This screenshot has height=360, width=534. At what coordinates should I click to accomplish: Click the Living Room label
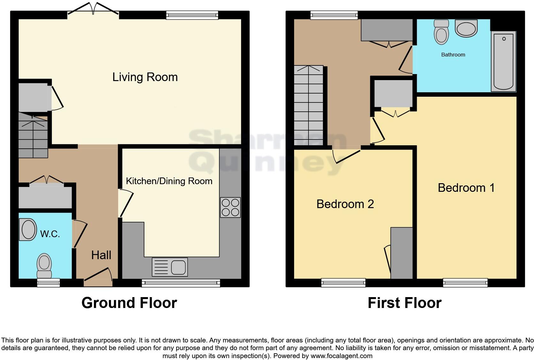click(145, 77)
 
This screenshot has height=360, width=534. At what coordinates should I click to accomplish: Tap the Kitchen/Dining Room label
click(169, 181)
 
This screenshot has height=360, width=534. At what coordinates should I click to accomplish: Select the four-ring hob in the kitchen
click(230, 208)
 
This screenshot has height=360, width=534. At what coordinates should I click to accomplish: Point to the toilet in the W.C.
click(44, 266)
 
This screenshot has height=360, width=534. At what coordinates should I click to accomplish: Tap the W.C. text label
click(50, 234)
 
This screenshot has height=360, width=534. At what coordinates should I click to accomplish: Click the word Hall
click(101, 255)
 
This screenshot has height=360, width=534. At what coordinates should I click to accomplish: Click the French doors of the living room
click(93, 9)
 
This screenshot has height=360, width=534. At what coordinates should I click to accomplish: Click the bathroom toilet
click(441, 32)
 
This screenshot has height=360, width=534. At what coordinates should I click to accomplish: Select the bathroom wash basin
click(466, 28)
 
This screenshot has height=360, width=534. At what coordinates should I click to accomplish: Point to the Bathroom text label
click(453, 55)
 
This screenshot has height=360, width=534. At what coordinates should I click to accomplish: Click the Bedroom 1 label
click(466, 188)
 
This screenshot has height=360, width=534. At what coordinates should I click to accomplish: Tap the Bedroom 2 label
click(345, 204)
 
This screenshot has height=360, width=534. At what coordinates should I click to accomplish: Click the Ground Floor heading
click(129, 303)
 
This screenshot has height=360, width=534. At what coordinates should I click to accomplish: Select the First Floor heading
click(404, 303)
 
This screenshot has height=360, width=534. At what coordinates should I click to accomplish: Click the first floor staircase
click(309, 105)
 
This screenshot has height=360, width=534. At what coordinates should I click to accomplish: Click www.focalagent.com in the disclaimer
click(341, 356)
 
